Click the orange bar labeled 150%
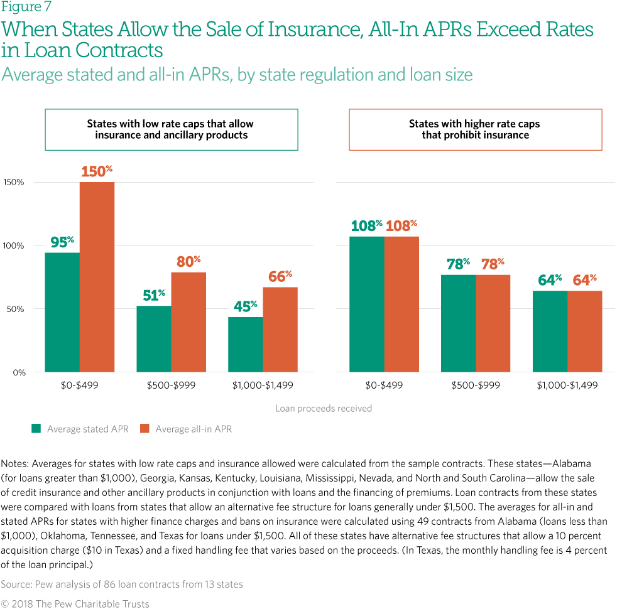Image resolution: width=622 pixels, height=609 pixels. click(x=97, y=277)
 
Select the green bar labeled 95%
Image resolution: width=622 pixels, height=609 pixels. click(x=62, y=312)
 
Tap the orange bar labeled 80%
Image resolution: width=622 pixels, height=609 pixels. click(x=188, y=322)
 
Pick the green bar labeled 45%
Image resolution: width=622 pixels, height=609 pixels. click(x=246, y=344)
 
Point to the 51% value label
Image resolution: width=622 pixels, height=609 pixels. click(x=153, y=295)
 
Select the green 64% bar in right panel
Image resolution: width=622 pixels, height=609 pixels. click(x=550, y=331)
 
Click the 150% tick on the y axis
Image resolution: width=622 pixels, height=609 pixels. click(x=14, y=183)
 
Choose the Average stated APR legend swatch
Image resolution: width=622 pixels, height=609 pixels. click(x=36, y=429)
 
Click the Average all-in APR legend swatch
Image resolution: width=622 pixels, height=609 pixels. click(x=145, y=429)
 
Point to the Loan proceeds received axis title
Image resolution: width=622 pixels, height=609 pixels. click(x=324, y=409)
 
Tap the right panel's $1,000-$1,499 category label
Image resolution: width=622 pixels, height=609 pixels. click(x=567, y=385)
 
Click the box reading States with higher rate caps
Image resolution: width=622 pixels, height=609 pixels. click(x=475, y=129)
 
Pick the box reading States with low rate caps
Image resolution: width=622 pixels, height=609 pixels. click(x=171, y=129)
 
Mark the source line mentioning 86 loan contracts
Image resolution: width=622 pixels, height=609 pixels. click(x=122, y=585)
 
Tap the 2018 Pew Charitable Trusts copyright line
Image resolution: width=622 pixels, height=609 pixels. click(x=75, y=603)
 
